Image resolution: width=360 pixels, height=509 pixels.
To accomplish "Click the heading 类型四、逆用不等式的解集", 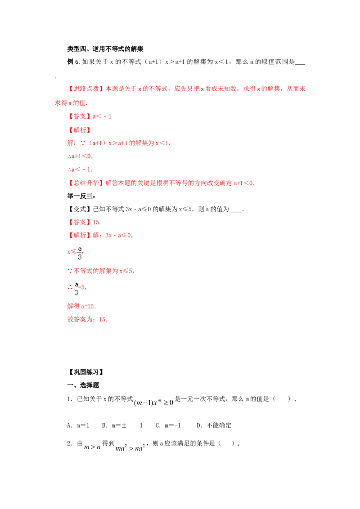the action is [105, 49].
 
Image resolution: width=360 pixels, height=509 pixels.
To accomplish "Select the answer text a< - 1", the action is [102, 116].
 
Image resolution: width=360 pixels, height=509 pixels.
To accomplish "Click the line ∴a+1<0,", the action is [80, 156].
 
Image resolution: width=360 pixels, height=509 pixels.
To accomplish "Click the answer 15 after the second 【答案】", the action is [97, 223].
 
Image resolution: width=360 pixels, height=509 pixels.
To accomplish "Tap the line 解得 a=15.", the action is [81, 306].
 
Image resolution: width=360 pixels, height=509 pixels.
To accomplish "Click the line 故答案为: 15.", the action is [87, 319].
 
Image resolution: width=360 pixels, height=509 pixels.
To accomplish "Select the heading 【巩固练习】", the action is [86, 372].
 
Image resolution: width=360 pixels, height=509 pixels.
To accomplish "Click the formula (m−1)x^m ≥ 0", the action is [153, 402].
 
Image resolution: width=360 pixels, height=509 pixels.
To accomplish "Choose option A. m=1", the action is [78, 425].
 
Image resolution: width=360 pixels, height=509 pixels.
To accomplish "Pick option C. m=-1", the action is [168, 425].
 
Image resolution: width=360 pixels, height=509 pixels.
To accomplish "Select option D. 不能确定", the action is [214, 425].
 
